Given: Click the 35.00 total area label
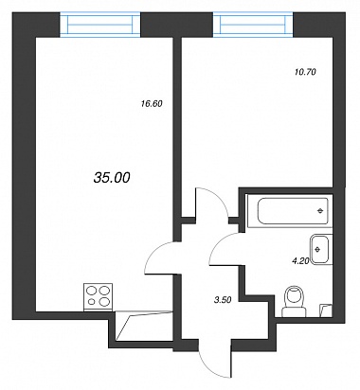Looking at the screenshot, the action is tap(112, 178).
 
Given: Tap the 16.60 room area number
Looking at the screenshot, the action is tap(152, 103).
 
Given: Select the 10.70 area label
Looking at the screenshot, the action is tap(305, 72).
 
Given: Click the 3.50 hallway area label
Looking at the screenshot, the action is tap(223, 300).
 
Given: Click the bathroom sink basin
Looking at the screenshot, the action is tap(321, 249).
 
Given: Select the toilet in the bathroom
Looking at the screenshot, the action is tap(294, 301).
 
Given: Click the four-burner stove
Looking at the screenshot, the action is tap(98, 297).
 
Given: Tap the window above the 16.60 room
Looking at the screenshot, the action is tap(100, 25).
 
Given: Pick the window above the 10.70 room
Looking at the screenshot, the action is tap(253, 25).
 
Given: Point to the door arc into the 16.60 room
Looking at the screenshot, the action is tap(152, 253).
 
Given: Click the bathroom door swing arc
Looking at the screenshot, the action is tap(218, 243).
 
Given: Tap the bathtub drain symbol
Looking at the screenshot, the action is tap(320, 211).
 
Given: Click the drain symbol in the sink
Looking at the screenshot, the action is tap(318, 249).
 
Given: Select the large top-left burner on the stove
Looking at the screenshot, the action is tap(91, 290).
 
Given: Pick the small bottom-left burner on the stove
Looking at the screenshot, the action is tap(92, 302).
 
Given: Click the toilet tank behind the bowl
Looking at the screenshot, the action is tap(294, 311).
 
